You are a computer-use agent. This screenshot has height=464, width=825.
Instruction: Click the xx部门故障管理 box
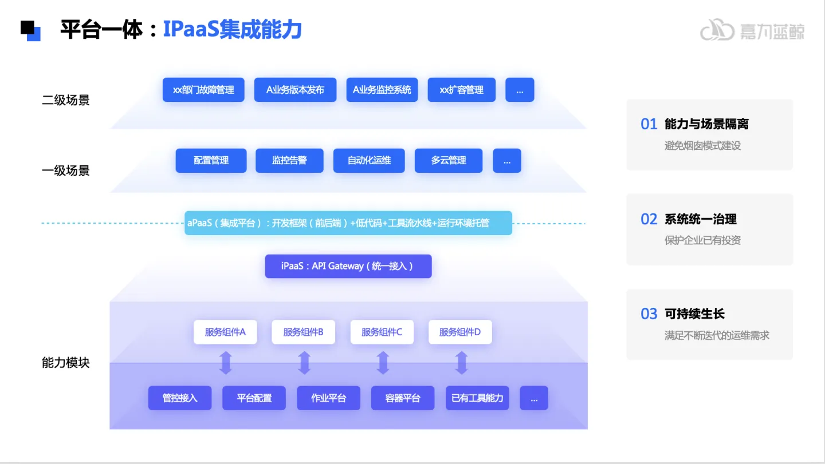click(x=203, y=90)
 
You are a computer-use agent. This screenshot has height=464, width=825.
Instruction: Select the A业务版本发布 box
click(x=295, y=90)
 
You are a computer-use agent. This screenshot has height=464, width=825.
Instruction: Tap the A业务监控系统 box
click(x=382, y=90)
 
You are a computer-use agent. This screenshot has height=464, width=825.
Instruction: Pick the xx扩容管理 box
click(x=461, y=90)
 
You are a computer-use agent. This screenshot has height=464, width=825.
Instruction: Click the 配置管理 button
click(x=211, y=161)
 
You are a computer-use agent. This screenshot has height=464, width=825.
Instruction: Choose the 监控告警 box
click(x=289, y=161)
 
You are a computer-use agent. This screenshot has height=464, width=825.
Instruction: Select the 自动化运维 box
click(x=369, y=161)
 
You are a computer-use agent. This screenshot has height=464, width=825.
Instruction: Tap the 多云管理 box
click(x=449, y=161)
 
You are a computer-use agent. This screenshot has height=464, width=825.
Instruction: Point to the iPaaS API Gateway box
click(x=348, y=266)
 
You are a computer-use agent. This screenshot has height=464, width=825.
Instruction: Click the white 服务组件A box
click(x=225, y=332)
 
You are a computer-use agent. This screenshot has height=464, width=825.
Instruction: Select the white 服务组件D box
click(x=460, y=332)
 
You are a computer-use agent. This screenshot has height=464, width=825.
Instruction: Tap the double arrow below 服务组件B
click(x=304, y=363)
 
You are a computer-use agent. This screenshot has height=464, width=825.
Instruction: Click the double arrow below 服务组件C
click(x=383, y=363)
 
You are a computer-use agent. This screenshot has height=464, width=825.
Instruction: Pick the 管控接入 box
click(x=180, y=398)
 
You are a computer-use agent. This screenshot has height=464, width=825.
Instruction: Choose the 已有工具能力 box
click(x=477, y=398)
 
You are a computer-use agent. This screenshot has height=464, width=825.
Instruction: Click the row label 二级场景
click(x=66, y=101)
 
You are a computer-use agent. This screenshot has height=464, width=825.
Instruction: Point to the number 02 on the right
click(x=649, y=219)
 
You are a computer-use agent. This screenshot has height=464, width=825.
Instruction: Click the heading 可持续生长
click(x=694, y=314)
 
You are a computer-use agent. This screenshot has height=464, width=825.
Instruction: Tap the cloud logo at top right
click(x=717, y=30)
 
